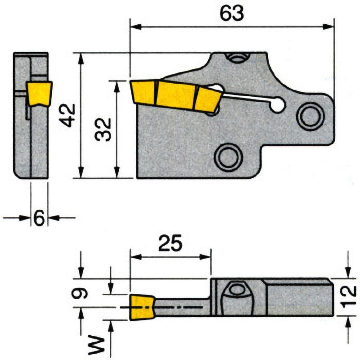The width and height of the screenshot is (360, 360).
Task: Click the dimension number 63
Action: [232, 13]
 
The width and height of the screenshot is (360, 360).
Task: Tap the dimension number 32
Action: [103, 129]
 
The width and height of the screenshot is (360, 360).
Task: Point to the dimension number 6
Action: [39, 218]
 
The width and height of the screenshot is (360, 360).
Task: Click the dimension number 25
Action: [171, 243]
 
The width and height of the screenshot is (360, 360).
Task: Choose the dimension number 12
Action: [348, 297]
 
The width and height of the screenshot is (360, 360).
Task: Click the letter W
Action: [96, 345]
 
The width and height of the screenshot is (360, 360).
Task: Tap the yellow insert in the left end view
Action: [39, 94]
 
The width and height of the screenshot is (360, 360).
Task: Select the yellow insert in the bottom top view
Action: [142, 307]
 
